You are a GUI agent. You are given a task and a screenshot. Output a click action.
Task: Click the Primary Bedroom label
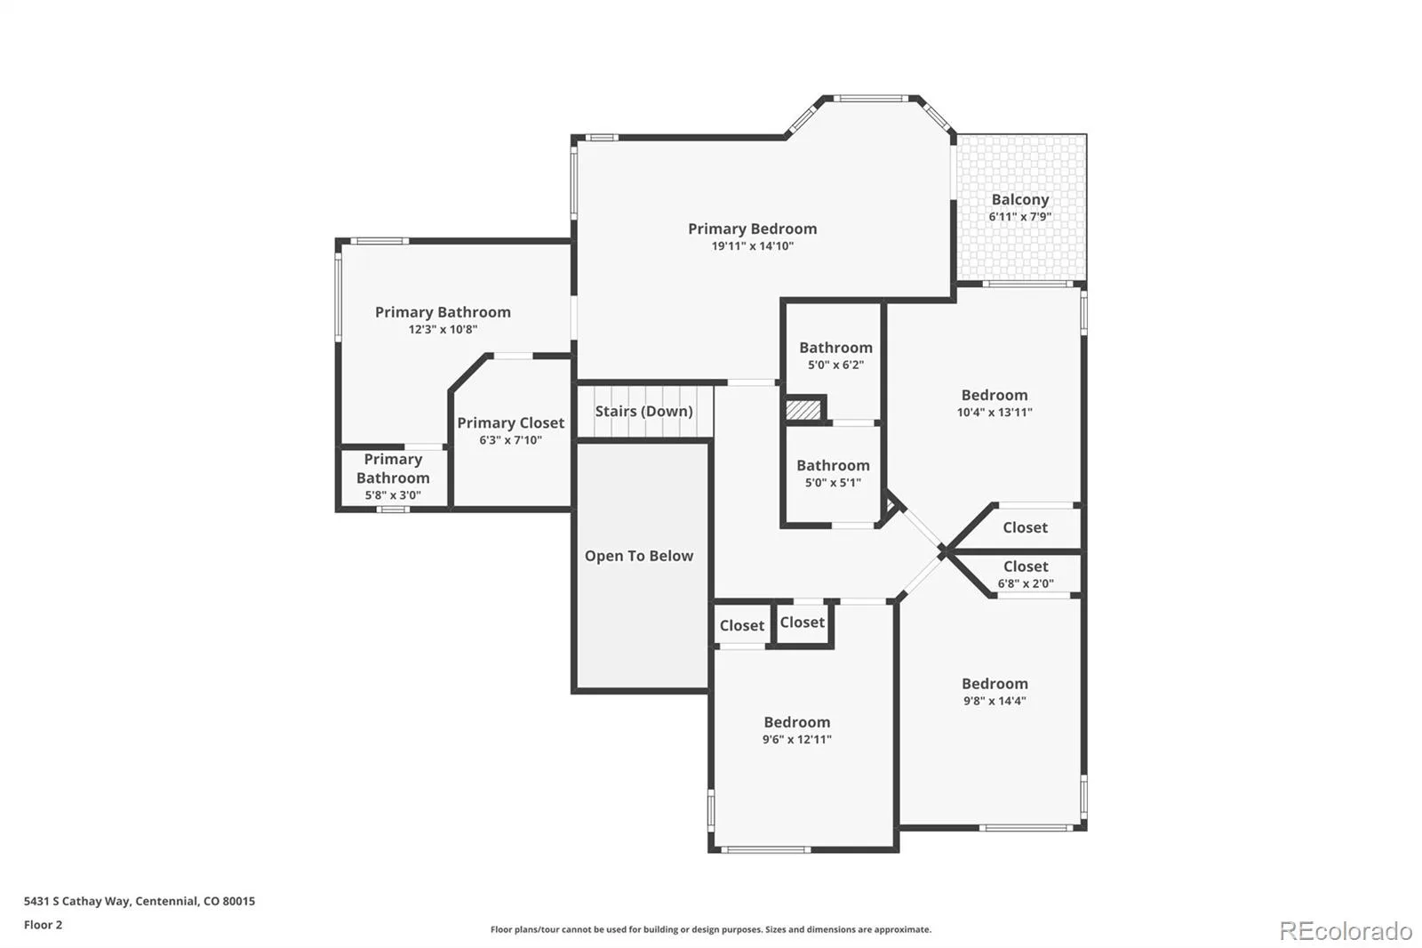click(x=752, y=229)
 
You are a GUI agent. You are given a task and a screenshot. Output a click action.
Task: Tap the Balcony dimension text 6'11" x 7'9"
click(x=1020, y=217)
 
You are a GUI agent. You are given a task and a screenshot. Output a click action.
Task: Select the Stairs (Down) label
click(x=643, y=411)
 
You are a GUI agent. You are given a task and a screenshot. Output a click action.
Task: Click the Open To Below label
click(x=639, y=556)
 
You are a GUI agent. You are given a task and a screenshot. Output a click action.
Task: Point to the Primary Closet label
click(x=510, y=423)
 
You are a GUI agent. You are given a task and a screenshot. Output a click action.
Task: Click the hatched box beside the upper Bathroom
click(x=803, y=409)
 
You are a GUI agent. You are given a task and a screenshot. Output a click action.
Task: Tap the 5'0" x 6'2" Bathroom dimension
click(x=835, y=365)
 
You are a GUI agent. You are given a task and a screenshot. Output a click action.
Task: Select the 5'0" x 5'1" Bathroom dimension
click(x=833, y=482)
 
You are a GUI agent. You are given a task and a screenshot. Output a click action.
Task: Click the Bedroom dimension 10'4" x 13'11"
click(x=995, y=412)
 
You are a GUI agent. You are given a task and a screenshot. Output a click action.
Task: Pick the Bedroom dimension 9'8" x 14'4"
click(x=995, y=701)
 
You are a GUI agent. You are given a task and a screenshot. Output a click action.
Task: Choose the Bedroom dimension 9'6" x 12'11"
click(x=796, y=739)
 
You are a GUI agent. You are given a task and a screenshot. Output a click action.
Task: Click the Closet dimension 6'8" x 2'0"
click(x=1026, y=583)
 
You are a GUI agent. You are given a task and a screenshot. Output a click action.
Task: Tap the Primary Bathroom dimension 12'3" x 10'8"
click(x=443, y=329)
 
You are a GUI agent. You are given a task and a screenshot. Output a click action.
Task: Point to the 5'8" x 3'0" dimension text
click(x=392, y=495)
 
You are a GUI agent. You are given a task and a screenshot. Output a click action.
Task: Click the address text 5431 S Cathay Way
click(x=78, y=901)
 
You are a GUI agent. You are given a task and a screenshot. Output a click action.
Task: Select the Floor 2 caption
click(x=44, y=925)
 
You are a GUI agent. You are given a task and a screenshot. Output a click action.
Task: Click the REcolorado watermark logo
click(x=1346, y=931)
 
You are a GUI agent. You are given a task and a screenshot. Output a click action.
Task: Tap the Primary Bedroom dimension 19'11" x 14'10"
click(x=752, y=246)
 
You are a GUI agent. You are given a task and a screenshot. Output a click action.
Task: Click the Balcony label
click(x=1020, y=199)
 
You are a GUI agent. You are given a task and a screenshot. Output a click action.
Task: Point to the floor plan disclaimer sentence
click(x=710, y=929)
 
